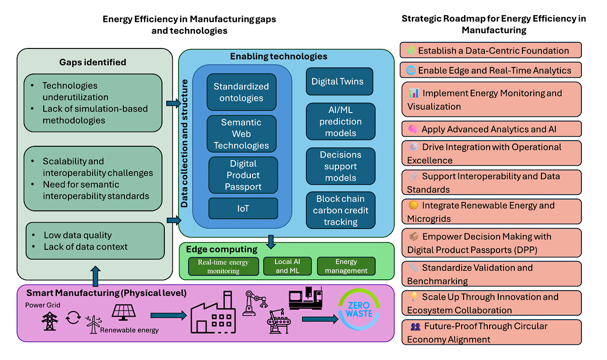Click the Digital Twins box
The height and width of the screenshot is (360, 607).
pyautogui.click(x=339, y=81)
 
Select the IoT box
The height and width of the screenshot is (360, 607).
pyautogui.click(x=243, y=208)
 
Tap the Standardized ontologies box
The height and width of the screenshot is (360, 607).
pyautogui.click(x=241, y=92)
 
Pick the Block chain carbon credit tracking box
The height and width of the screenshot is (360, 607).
pyautogui.click(x=341, y=210)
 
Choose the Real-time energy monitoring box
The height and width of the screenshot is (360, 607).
pyautogui.click(x=223, y=266)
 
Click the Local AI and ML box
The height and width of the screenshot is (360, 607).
pyautogui.click(x=287, y=266)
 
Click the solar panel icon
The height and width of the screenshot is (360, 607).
pyautogui.click(x=124, y=312)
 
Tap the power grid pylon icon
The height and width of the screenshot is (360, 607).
pyautogui.click(x=49, y=321)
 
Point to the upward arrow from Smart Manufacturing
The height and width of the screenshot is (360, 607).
pyautogui.click(x=95, y=276)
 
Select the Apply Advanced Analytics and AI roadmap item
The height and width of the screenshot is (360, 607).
pyautogui.click(x=491, y=129)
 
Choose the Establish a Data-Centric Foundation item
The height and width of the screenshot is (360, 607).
pyautogui.click(x=491, y=50)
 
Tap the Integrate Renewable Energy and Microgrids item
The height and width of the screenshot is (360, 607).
pyautogui.click(x=491, y=212)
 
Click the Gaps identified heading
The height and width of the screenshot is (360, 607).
pyautogui.click(x=93, y=62)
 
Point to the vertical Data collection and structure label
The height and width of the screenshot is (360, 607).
pyautogui.click(x=185, y=143)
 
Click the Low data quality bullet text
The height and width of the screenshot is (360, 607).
pyautogui.click(x=77, y=235)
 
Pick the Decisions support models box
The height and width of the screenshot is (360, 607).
pyautogui.click(x=341, y=166)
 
